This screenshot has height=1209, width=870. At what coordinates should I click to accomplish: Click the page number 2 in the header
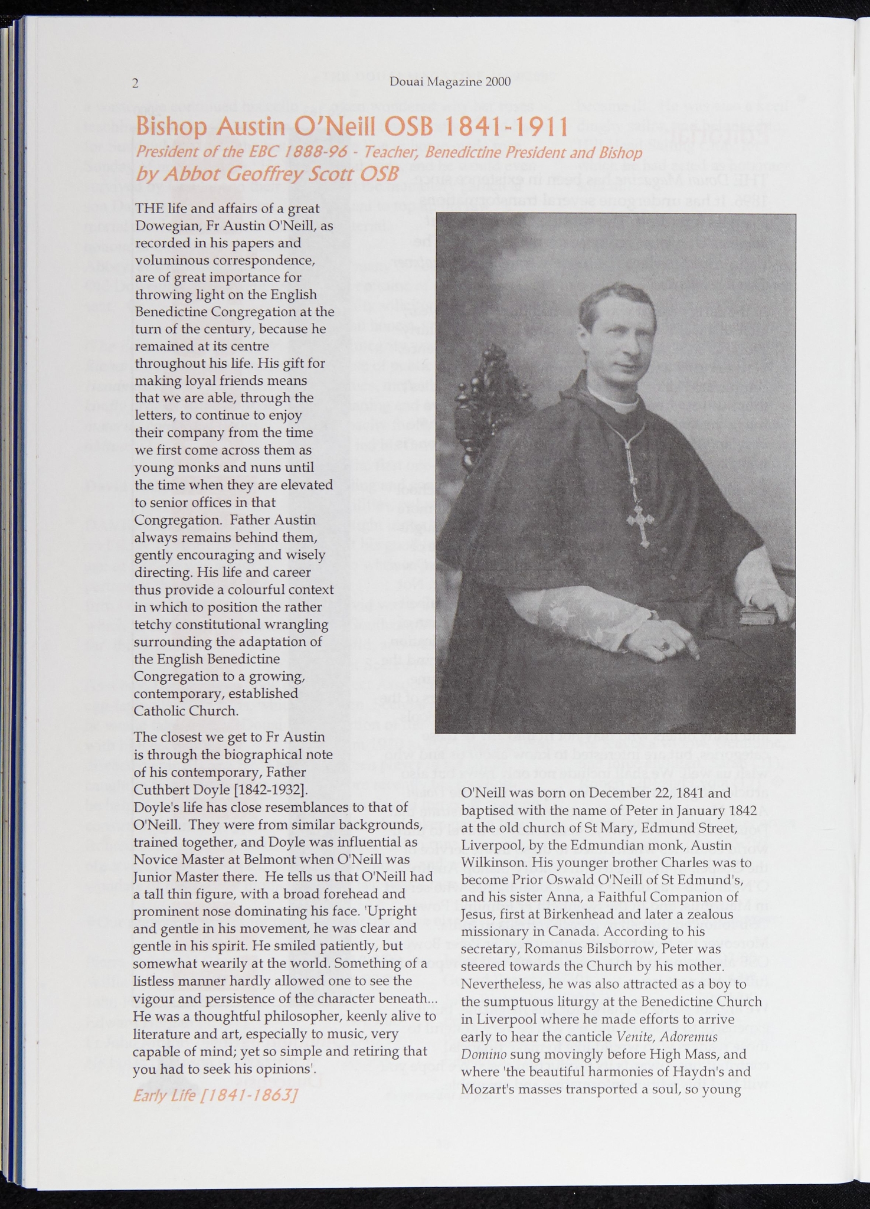[135, 83]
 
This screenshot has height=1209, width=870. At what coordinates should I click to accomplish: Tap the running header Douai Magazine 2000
[450, 82]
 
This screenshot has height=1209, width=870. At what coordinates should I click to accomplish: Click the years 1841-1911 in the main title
[506, 126]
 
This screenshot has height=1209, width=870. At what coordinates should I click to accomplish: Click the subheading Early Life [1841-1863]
[215, 1096]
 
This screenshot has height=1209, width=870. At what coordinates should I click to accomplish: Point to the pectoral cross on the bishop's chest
[640, 524]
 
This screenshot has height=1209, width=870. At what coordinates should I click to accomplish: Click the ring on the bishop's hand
[666, 646]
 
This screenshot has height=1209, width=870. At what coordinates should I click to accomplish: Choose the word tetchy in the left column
[152, 624]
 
